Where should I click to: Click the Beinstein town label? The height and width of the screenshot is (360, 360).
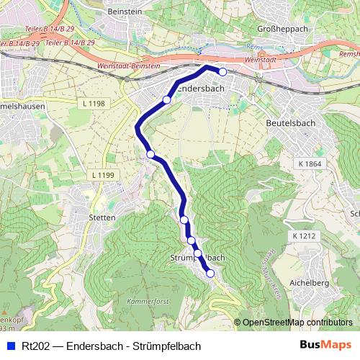pos(123,13)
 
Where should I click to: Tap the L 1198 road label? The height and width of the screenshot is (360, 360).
pos(94,104)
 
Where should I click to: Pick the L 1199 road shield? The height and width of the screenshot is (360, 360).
pos(104,175)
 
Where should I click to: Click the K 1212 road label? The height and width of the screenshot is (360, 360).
pos(305,235)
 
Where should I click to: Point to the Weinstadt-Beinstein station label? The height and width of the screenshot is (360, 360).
pos(102,65)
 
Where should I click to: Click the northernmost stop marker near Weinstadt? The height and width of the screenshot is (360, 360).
pos(222,71)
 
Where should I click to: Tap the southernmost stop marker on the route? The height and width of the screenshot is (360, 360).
pos(210,273)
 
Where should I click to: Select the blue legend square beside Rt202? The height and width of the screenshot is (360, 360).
pos(10,346)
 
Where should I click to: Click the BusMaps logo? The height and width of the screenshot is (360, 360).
pos(330,346)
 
